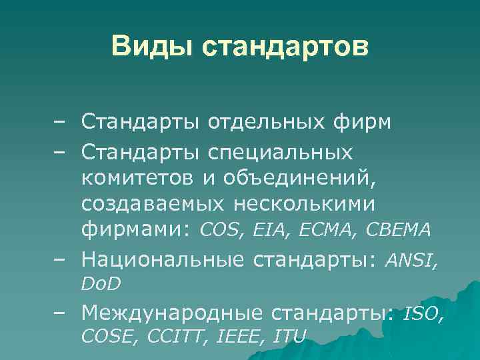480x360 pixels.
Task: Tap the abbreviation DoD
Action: click(101, 285)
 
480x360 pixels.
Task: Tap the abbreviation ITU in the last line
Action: click(289, 337)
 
